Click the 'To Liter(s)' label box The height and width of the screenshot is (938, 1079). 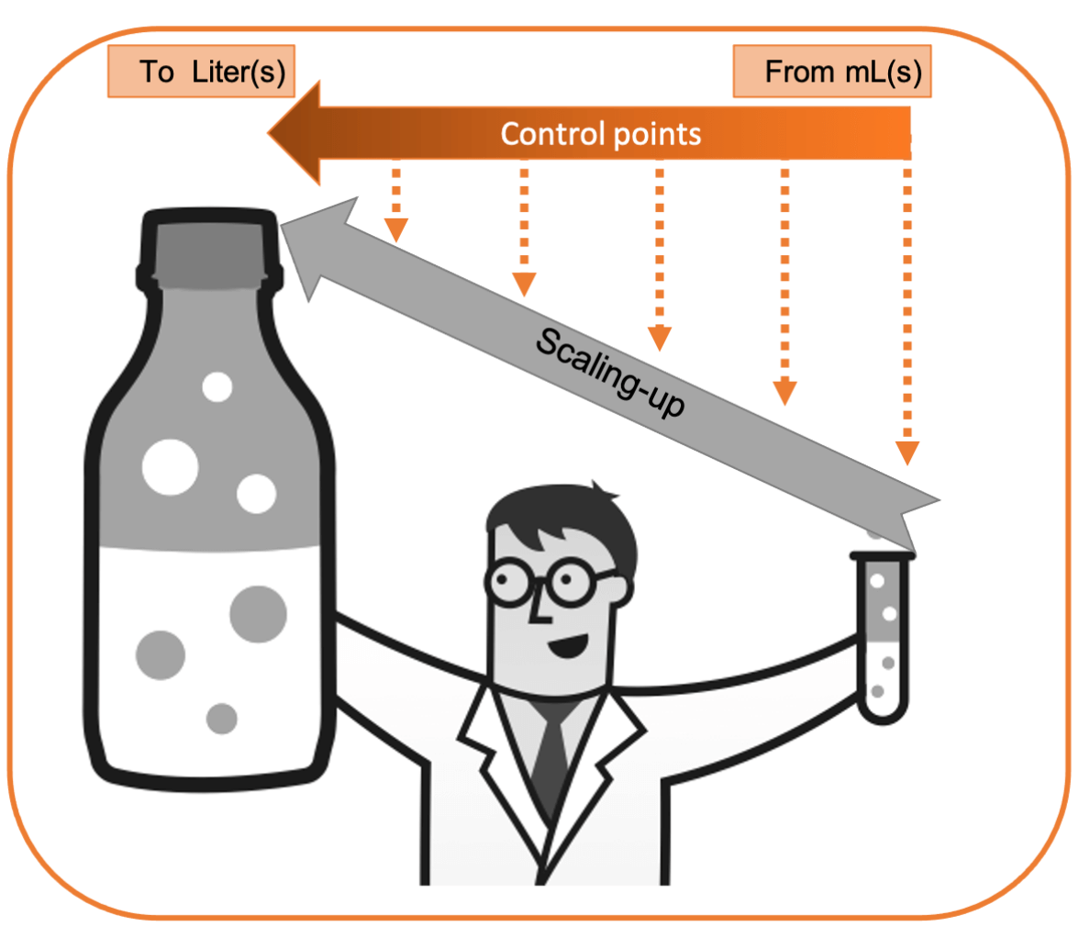tap(201, 73)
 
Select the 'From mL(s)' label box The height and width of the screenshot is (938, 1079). tap(832, 73)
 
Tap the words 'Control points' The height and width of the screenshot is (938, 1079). tap(601, 135)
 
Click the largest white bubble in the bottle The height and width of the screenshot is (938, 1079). tap(171, 464)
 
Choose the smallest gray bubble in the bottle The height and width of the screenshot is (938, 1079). tap(221, 717)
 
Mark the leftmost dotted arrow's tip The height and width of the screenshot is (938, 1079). tap(395, 230)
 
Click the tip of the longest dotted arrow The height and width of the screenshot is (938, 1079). tap(907, 453)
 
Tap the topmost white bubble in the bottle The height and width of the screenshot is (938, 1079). tap(217, 386)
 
